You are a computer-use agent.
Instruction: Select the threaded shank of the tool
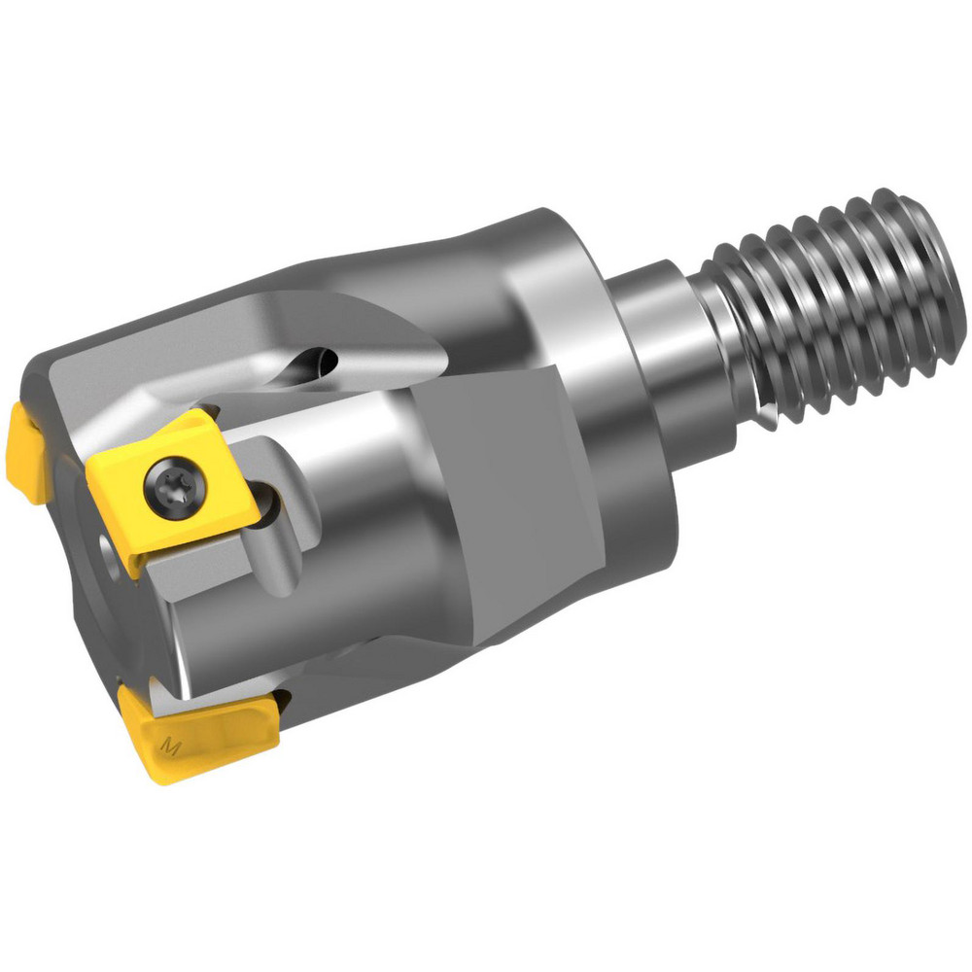(836, 301)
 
